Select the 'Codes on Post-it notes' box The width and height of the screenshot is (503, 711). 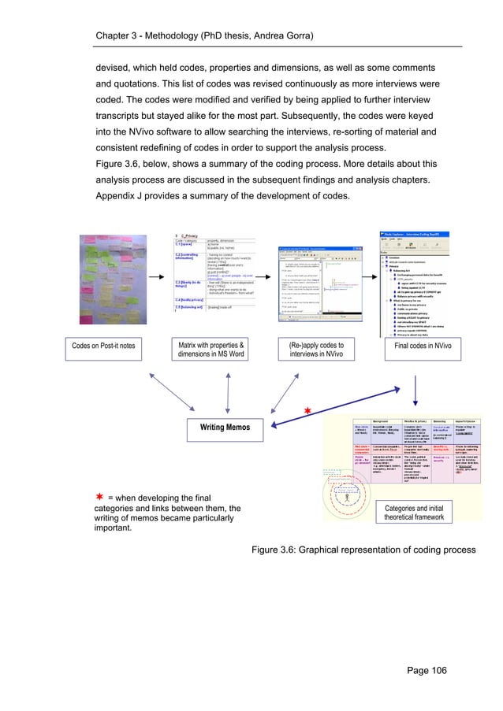tap(103, 343)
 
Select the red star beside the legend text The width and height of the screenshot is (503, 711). tap(100, 497)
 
